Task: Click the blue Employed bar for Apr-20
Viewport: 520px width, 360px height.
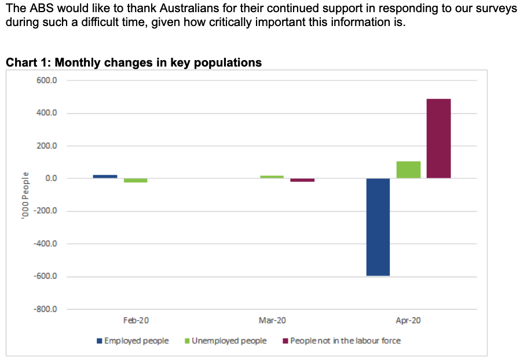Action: (378, 227)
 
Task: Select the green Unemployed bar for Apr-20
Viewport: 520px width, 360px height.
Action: (408, 170)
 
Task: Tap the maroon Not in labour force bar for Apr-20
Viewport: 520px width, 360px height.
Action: (438, 138)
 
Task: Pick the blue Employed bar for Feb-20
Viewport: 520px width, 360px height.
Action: (105, 177)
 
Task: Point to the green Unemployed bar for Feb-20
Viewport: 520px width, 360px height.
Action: (136, 181)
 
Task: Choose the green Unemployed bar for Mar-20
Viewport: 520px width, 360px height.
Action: (272, 177)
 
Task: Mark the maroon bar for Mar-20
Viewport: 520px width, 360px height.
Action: (302, 180)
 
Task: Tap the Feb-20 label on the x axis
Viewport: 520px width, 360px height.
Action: (136, 320)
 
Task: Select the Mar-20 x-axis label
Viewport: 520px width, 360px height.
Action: (272, 320)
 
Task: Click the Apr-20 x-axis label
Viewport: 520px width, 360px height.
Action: (408, 320)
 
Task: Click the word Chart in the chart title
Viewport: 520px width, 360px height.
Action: (21, 63)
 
